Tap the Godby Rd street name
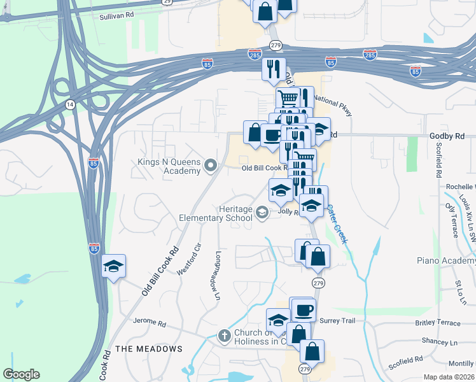click(447, 136)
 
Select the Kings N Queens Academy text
click(169, 166)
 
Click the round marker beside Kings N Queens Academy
click(211, 166)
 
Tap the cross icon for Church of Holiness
click(224, 336)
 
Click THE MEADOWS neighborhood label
click(149, 349)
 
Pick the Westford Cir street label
click(188, 258)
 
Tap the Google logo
click(21, 374)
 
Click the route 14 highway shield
click(70, 104)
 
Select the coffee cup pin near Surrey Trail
click(302, 310)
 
